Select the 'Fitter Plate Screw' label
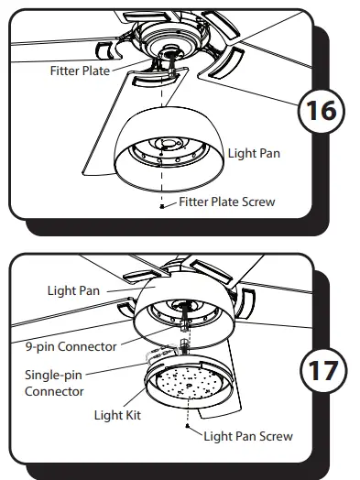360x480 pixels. [226, 202]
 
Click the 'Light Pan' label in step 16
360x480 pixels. [254, 153]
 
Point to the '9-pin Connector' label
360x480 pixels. [71, 346]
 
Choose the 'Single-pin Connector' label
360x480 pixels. [55, 384]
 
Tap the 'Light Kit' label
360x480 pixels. [117, 415]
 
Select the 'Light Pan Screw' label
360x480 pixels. [247, 436]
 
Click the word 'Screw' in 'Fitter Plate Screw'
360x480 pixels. [256, 202]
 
